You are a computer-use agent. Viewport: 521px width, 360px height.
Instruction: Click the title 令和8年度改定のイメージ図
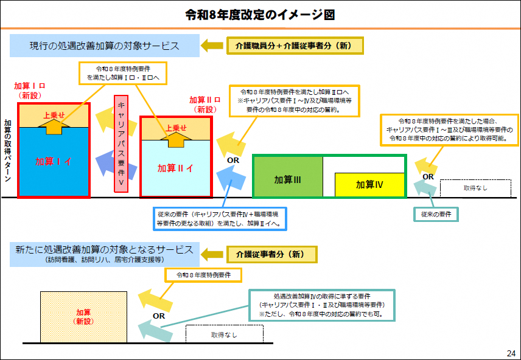[260, 14]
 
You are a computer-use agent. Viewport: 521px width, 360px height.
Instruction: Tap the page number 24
[510, 353]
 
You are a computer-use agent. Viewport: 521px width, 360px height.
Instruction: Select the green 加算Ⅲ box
[288, 179]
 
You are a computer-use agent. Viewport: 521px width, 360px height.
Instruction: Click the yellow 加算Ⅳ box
[370, 184]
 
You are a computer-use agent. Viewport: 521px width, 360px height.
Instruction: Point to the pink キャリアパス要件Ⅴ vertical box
[121, 144]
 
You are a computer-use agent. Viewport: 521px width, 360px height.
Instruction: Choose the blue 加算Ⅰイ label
[54, 161]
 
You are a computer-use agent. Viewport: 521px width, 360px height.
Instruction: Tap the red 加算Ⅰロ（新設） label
[30, 91]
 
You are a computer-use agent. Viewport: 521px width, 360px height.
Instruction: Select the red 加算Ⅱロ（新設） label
[205, 105]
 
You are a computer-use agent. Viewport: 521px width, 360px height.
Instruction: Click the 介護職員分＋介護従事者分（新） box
[295, 46]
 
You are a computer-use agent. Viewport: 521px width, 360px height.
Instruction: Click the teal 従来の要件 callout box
[436, 214]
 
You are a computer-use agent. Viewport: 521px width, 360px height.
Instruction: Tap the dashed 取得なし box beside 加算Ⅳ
[475, 188]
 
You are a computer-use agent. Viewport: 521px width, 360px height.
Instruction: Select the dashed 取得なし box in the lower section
[224, 334]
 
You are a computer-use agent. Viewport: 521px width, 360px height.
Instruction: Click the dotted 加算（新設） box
[83, 316]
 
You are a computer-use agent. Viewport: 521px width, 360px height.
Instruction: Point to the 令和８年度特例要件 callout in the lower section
[203, 275]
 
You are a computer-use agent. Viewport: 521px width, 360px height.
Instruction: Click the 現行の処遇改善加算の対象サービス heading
[105, 46]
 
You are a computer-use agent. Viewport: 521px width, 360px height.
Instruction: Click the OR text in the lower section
[159, 316]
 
